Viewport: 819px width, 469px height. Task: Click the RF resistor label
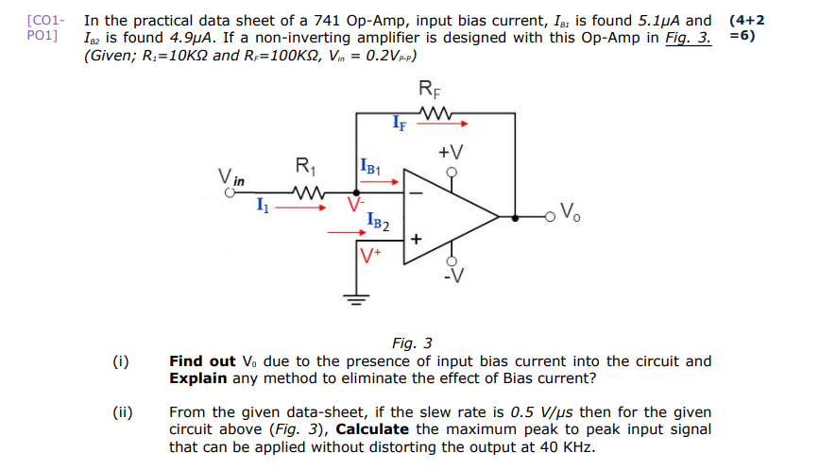(428, 92)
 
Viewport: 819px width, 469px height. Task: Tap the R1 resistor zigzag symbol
(307, 194)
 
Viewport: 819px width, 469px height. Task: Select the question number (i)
(120, 361)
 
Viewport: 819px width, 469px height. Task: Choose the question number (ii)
(122, 412)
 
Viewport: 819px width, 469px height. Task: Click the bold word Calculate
(372, 429)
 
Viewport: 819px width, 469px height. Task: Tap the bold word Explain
(196, 377)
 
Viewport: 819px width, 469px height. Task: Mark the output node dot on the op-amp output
(514, 216)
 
